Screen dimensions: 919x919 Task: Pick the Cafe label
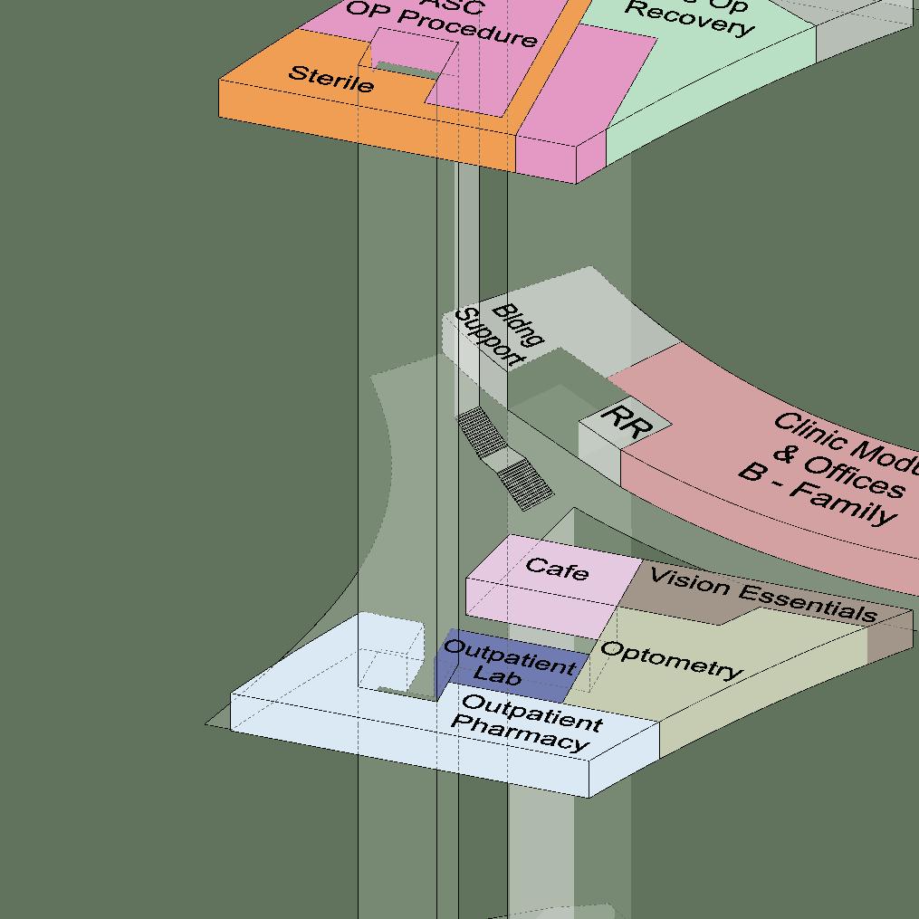pos(557,570)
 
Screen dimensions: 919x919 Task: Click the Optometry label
pos(671,660)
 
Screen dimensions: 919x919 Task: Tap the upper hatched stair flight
pos(481,432)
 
